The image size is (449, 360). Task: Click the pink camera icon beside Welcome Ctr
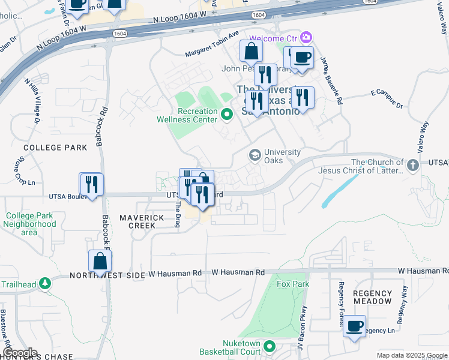307,37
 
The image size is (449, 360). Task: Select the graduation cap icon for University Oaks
255,155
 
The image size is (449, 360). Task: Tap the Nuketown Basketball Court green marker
270,346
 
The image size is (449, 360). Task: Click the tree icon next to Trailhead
44,283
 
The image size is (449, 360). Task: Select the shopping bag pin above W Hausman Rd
100,262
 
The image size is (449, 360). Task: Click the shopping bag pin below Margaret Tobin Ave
251,52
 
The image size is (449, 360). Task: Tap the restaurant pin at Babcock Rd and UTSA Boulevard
91,184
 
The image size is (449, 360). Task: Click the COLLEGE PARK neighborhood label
47,147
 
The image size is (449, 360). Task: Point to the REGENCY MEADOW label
372,297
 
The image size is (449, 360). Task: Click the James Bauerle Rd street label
331,81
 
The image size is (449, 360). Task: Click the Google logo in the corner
20,352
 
